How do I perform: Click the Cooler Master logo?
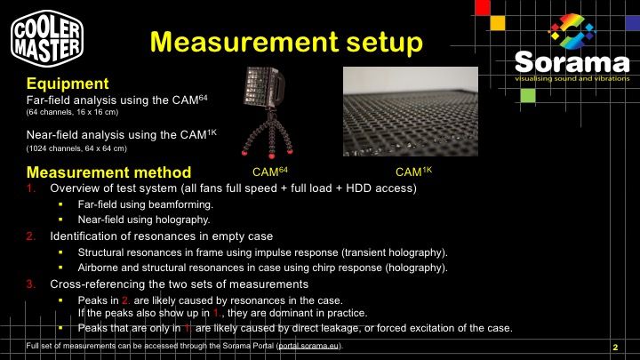point(47,38)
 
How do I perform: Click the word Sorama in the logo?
point(572,62)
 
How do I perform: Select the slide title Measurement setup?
point(286,42)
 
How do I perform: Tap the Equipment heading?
point(68,84)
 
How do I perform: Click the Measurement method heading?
point(108,172)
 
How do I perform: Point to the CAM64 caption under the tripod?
point(270,172)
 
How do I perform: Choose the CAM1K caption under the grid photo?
point(413,172)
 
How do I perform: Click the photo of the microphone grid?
point(410,111)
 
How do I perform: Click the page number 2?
point(615,348)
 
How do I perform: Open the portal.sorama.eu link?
point(308,346)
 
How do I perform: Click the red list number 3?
point(30,284)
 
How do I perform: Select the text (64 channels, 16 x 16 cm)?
point(72,112)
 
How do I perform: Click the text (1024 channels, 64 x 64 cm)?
point(76,148)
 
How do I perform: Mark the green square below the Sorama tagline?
point(528,95)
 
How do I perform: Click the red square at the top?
point(483,7)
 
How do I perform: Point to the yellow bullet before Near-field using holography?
point(60,220)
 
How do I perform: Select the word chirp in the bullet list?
point(325,268)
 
